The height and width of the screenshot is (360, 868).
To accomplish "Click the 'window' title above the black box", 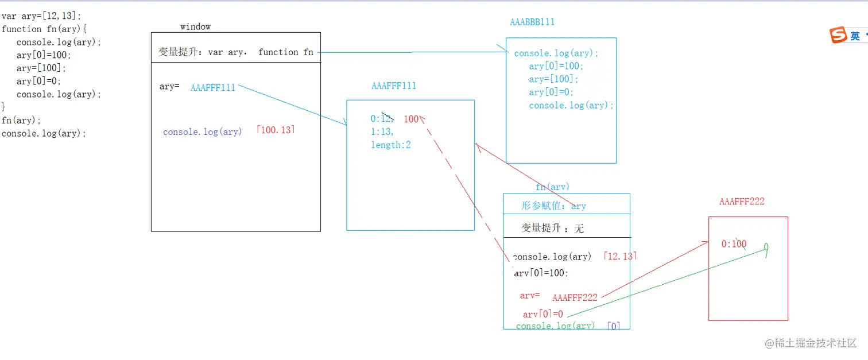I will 195,26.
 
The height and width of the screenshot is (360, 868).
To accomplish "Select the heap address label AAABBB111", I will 532,22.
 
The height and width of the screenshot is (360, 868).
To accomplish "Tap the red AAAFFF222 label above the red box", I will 742,202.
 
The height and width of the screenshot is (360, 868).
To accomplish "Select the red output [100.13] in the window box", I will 276,130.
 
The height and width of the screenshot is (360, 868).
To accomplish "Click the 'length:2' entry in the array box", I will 390,145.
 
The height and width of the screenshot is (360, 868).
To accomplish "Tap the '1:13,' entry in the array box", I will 382,132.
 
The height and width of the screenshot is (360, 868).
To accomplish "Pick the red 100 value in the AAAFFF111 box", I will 412,119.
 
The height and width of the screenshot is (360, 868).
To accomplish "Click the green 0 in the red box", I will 766,247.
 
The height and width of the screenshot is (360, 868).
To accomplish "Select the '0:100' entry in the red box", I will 734,244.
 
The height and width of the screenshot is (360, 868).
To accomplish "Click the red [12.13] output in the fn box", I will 620,256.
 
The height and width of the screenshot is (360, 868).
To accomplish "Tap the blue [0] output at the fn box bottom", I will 614,326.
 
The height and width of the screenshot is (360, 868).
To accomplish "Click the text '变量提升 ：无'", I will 552,228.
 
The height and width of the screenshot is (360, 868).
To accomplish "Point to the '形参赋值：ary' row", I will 553,206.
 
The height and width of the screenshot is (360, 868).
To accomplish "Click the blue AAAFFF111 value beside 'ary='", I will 213,88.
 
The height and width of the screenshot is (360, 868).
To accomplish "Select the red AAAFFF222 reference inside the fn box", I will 575,297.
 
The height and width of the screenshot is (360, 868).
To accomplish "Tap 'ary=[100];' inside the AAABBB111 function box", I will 554,79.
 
